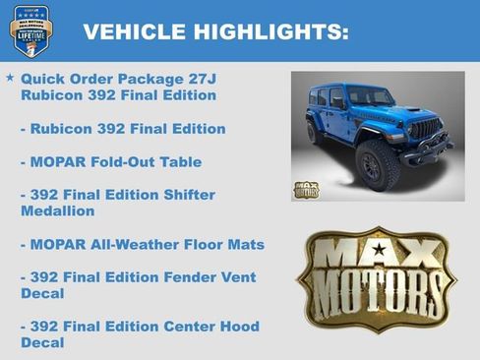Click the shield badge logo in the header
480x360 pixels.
(33, 30)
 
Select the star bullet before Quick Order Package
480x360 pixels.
(10, 77)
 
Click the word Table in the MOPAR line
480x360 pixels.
(183, 161)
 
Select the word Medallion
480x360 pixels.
(57, 210)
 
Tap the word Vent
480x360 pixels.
(237, 277)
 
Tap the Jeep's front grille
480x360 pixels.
(425, 129)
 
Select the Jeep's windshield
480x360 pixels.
(368, 96)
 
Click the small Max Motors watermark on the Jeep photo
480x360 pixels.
(306, 189)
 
